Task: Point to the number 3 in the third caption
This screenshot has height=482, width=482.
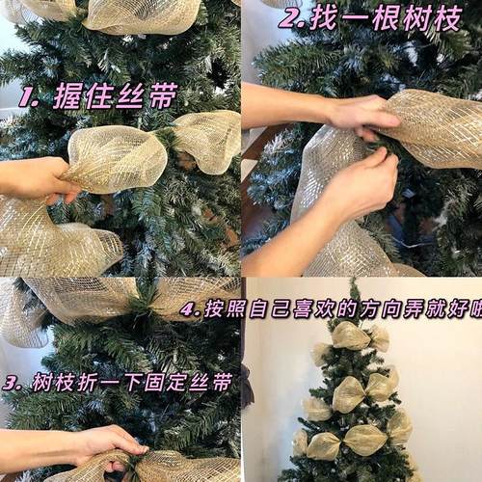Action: click(13, 383)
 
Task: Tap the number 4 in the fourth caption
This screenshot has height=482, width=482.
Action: click(189, 310)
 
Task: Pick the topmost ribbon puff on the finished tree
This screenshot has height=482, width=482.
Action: click(352, 336)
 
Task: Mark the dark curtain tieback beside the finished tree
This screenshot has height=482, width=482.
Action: click(247, 386)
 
